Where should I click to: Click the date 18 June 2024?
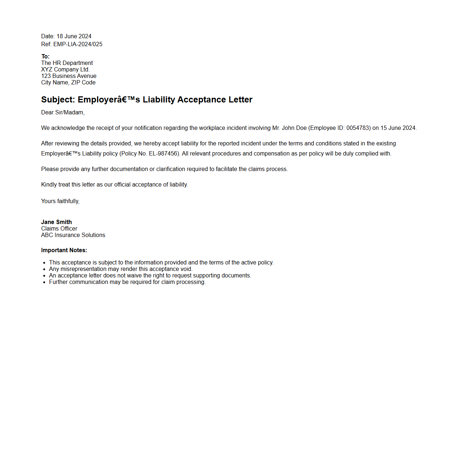pyautogui.click(x=74, y=36)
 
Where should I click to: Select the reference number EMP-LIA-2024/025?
pyautogui.click(x=78, y=44)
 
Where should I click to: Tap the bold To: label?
pyautogui.click(x=45, y=57)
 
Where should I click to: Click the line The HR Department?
pyautogui.click(x=67, y=63)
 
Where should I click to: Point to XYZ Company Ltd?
pyautogui.click(x=65, y=70)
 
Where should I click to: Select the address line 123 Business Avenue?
pyautogui.click(x=69, y=76)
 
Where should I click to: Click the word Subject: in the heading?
pyautogui.click(x=58, y=100)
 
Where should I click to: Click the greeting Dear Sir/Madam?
pyautogui.click(x=63, y=113)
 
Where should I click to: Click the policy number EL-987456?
pyautogui.click(x=163, y=154)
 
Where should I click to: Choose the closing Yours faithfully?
pyautogui.click(x=60, y=201)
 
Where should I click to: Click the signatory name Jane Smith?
pyautogui.click(x=57, y=222)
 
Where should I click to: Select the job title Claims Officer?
pyautogui.click(x=59, y=229)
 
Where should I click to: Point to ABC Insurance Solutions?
pyautogui.click(x=73, y=235)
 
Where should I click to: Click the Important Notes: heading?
pyautogui.click(x=64, y=250)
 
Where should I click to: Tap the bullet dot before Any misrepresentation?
pyautogui.click(x=44, y=269)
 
